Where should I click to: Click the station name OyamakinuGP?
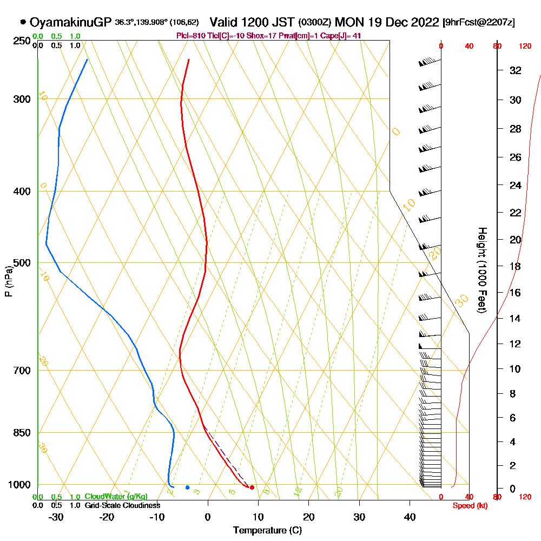pyautogui.click(x=70, y=23)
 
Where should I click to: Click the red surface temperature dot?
pyautogui.click(x=252, y=487)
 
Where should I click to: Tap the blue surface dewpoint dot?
pyautogui.click(x=187, y=487)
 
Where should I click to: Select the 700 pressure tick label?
pyautogui.click(x=21, y=371)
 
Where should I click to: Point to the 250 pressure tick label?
pyautogui.click(x=21, y=41)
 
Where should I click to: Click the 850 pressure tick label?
pyautogui.click(x=21, y=433)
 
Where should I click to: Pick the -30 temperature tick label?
pyautogui.click(x=56, y=517)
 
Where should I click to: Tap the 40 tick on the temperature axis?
pyautogui.click(x=410, y=517)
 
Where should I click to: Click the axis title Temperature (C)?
pyautogui.click(x=267, y=531)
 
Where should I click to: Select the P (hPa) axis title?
pyautogui.click(x=9, y=281)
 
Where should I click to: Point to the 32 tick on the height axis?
pyautogui.click(x=516, y=70)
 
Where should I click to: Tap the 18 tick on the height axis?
pyautogui.click(x=516, y=266)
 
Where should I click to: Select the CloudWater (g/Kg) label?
pyautogui.click(x=116, y=497)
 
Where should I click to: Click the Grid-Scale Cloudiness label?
pyautogui.click(x=122, y=505)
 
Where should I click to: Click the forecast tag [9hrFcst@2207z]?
pyautogui.click(x=478, y=23)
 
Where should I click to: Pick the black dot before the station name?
pyautogui.click(x=23, y=23)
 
